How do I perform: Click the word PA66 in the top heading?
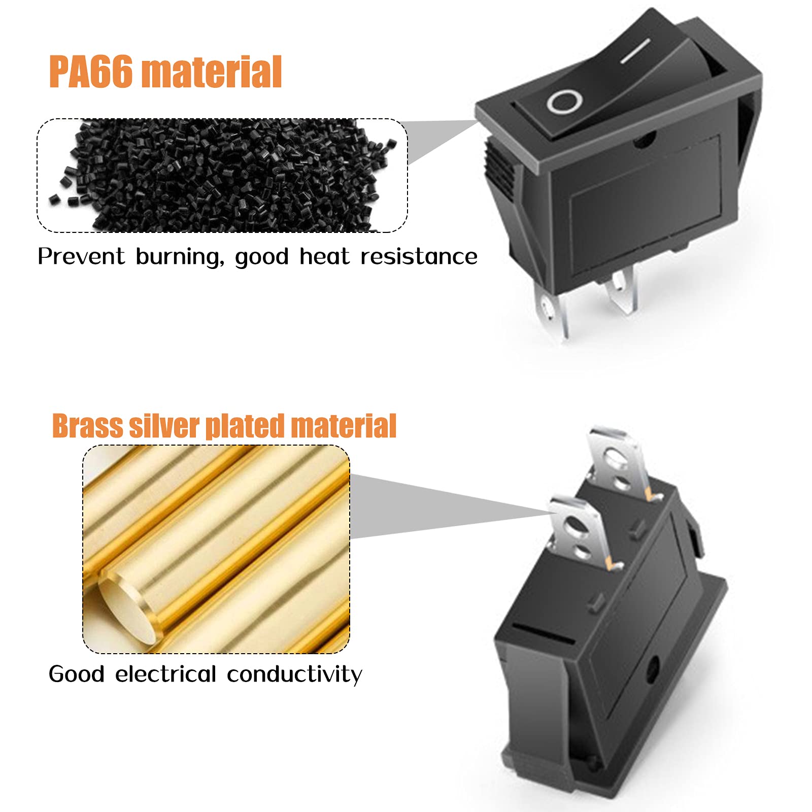tap(91, 72)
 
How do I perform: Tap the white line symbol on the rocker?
tap(635, 51)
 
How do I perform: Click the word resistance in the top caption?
tap(419, 256)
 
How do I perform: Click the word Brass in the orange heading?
tap(87, 426)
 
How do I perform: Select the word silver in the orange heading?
tap(164, 426)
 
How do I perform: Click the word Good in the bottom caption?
tap(77, 674)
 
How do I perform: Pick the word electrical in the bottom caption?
tap(166, 674)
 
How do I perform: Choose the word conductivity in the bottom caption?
tap(295, 674)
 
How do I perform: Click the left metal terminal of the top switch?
tap(552, 315)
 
